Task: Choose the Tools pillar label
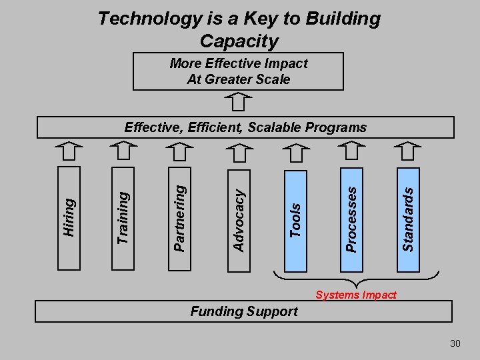(296, 220)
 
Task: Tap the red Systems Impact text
(356, 295)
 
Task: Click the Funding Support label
(244, 311)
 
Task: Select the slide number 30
(455, 343)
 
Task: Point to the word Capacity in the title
(239, 41)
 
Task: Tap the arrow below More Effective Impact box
(238, 102)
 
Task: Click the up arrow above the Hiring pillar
(69, 151)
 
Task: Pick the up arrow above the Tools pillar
(296, 151)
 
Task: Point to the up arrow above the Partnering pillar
(179, 151)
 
